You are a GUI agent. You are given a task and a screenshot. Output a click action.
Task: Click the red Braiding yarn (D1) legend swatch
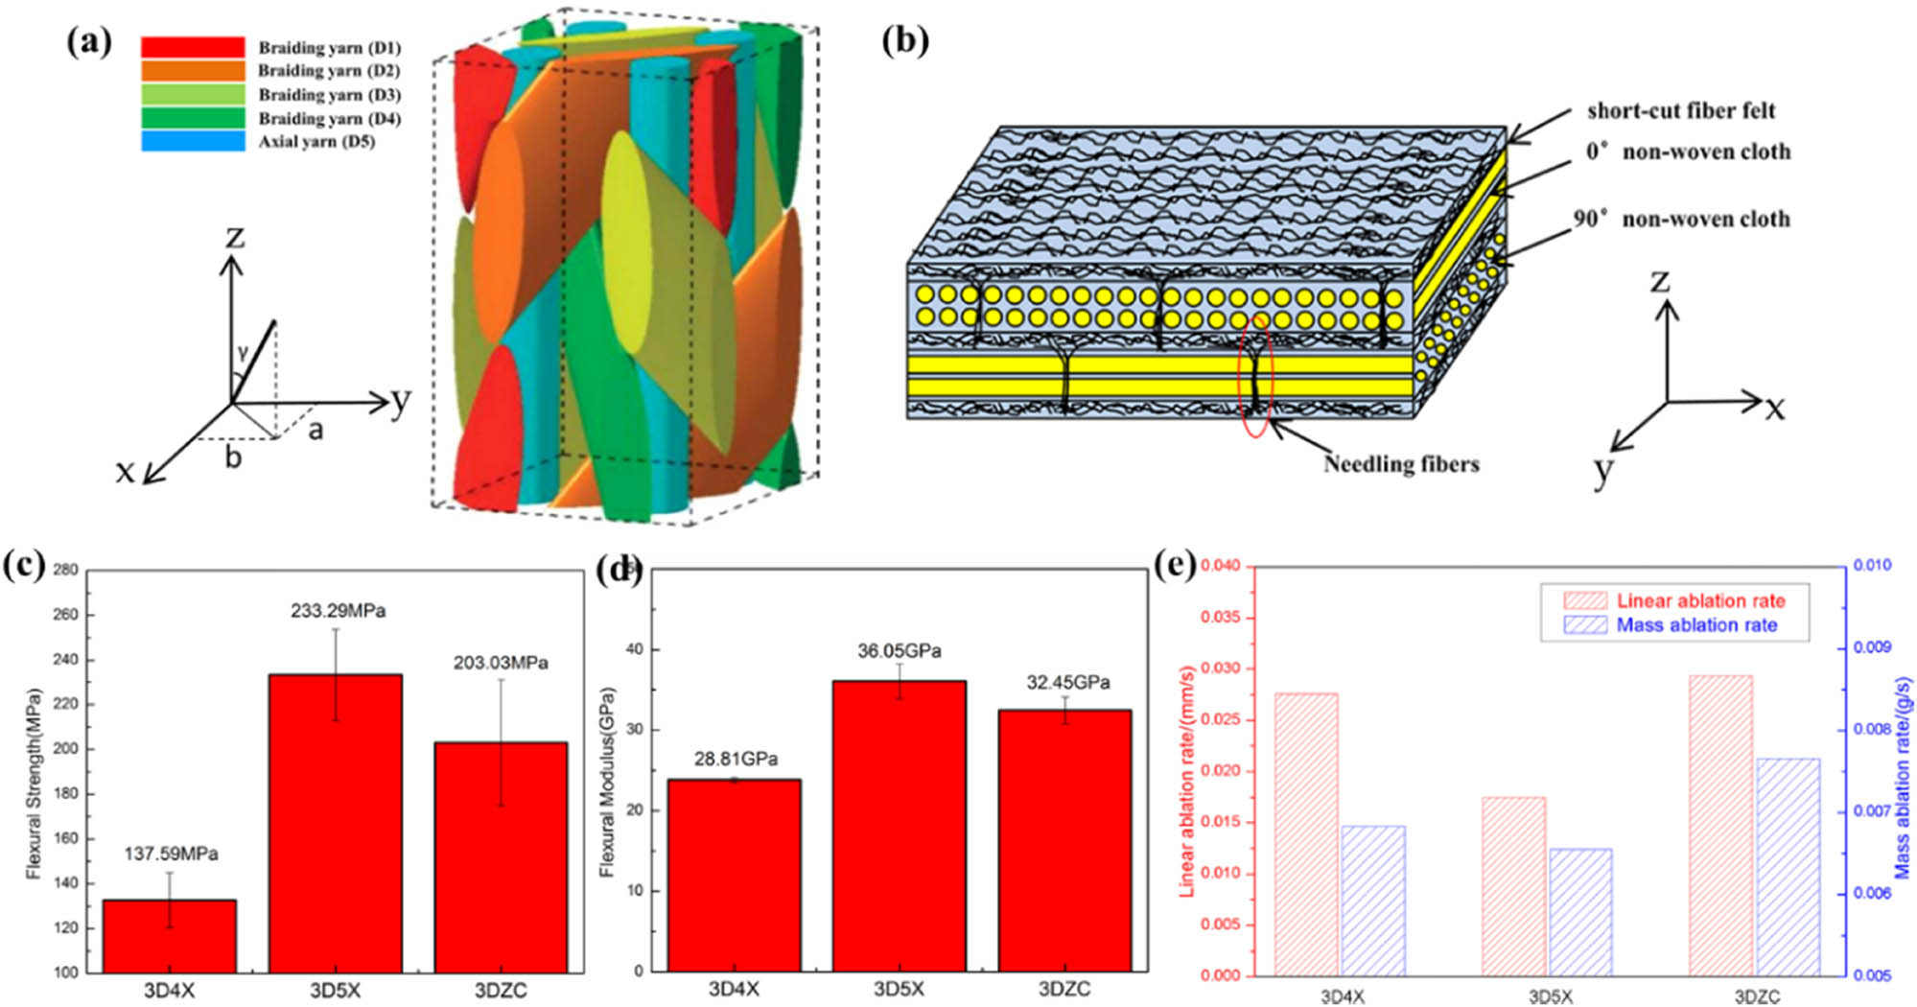(193, 47)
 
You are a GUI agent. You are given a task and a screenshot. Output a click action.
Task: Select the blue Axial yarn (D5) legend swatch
(193, 141)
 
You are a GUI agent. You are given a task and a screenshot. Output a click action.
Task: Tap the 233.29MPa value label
(339, 611)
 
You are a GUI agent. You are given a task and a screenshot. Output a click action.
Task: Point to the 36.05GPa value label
(899, 651)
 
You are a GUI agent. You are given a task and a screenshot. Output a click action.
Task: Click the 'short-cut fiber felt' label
(1681, 111)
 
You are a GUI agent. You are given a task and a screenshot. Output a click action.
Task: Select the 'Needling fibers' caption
(1401, 464)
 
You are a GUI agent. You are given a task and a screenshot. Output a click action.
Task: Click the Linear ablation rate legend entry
(1700, 601)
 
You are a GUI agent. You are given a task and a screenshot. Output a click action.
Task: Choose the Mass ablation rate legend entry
(1696, 625)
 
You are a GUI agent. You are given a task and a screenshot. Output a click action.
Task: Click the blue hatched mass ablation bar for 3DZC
(1788, 867)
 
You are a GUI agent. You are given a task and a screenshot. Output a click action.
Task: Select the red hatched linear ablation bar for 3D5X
(1513, 885)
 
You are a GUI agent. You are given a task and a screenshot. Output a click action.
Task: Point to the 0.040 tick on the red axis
(1220, 566)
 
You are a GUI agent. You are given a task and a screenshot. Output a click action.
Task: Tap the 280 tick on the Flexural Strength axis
(65, 570)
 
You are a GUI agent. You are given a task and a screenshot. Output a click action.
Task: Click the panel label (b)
(905, 41)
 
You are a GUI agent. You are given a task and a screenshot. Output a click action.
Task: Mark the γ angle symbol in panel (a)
(243, 354)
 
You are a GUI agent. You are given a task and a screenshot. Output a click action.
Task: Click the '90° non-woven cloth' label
(1681, 220)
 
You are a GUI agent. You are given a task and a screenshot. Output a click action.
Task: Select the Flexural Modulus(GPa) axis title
(607, 782)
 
